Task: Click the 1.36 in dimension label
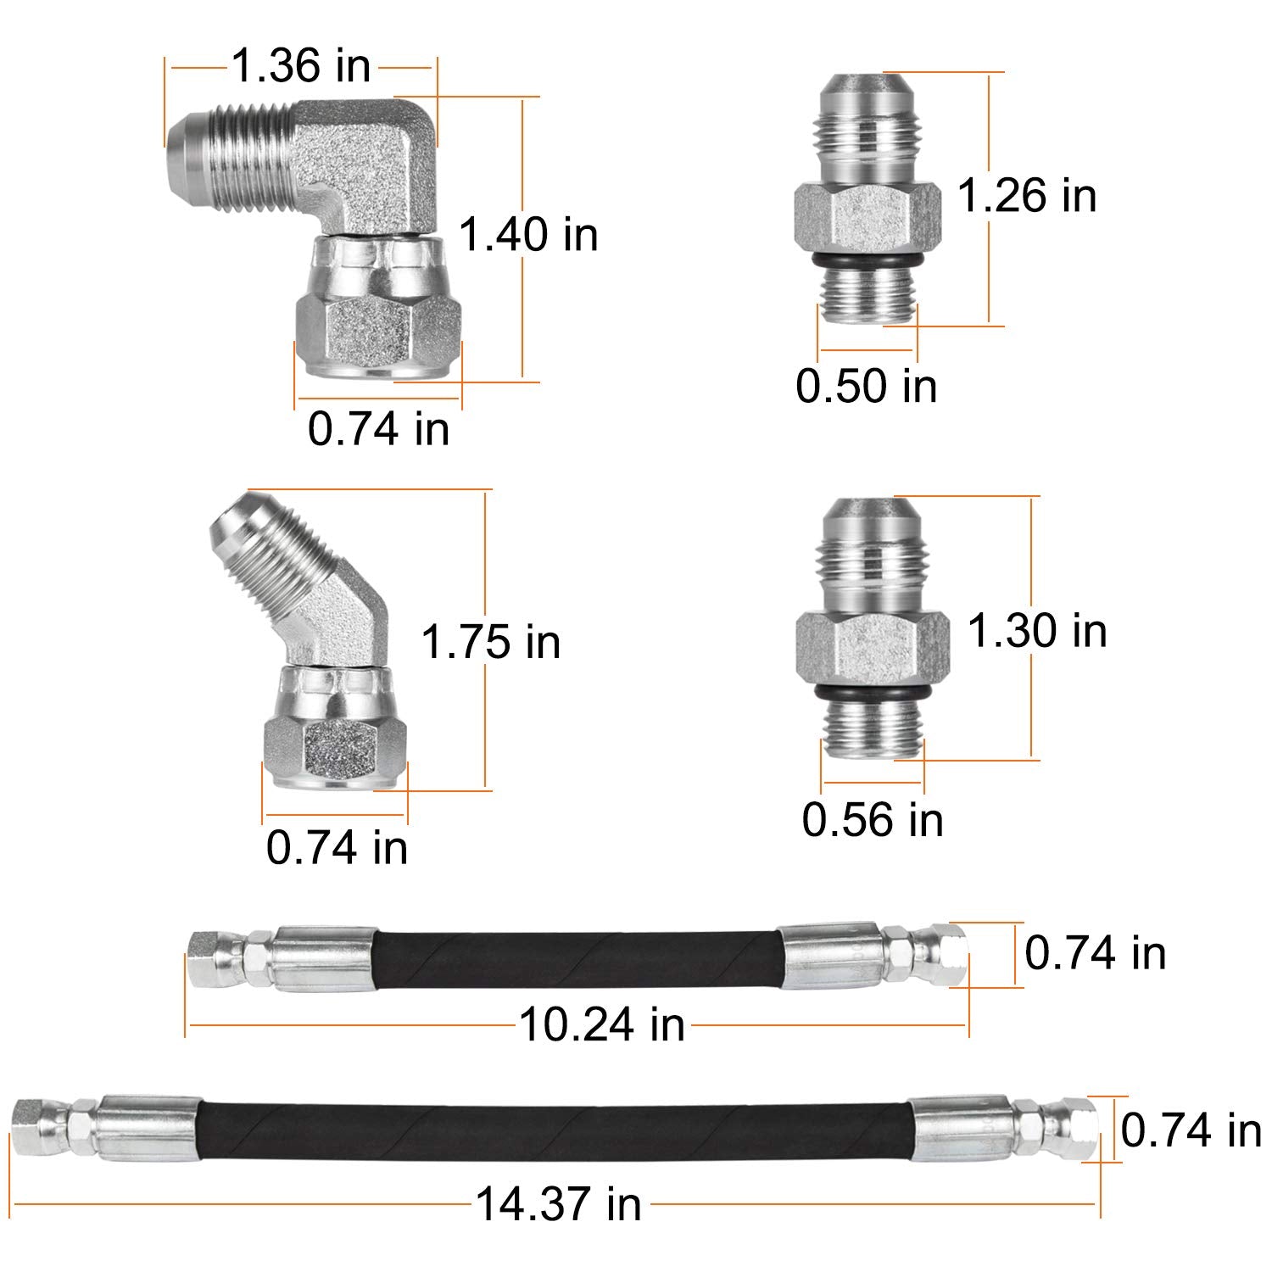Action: click(301, 66)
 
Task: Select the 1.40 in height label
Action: click(528, 234)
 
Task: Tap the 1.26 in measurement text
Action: click(1026, 195)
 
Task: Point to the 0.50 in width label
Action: click(866, 386)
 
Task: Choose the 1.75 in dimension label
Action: click(491, 642)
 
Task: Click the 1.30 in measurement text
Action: click(1036, 631)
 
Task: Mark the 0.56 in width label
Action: click(873, 820)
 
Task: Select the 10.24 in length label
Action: click(601, 1024)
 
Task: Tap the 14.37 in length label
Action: click(558, 1204)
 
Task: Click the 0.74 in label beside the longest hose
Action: click(1191, 1130)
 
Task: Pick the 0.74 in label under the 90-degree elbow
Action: click(378, 428)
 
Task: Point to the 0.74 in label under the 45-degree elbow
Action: click(337, 847)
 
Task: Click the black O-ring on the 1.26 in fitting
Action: click(867, 258)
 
